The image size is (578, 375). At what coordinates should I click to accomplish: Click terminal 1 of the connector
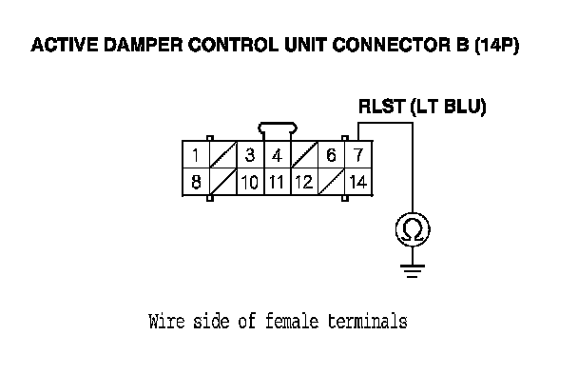(x=196, y=154)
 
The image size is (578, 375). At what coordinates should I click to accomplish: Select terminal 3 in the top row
(x=250, y=154)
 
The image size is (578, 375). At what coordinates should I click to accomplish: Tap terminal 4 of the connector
(x=278, y=154)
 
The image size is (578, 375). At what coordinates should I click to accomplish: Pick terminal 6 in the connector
(x=331, y=154)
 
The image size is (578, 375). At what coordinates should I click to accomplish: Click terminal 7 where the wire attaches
(x=358, y=154)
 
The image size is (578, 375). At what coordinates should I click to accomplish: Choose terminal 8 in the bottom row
(x=196, y=182)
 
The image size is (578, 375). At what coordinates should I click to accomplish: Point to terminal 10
(x=250, y=182)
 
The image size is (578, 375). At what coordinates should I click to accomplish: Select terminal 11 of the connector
(x=278, y=182)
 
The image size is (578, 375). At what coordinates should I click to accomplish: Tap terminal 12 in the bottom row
(x=304, y=182)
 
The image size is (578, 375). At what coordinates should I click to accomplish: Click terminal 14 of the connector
(x=358, y=182)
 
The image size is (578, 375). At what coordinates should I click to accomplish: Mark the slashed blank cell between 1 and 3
(x=223, y=154)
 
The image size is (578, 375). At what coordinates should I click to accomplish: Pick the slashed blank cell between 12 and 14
(x=331, y=182)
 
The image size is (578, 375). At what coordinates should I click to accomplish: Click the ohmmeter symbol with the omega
(x=413, y=229)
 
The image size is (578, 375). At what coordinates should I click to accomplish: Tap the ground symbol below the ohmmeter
(x=413, y=271)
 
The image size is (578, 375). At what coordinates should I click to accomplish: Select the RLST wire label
(x=382, y=107)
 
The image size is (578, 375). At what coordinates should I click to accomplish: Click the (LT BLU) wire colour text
(x=449, y=107)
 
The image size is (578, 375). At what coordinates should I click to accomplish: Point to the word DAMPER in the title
(x=144, y=45)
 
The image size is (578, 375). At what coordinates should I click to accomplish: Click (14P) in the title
(x=497, y=45)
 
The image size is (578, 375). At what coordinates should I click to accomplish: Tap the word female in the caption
(x=292, y=321)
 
